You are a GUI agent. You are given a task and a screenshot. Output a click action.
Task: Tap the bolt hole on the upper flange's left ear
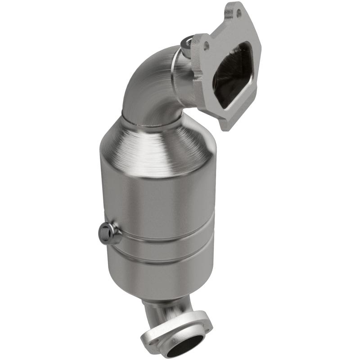[207, 46]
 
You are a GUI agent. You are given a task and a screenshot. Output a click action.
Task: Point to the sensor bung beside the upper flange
[187, 44]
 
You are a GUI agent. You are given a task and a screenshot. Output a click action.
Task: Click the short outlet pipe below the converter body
[166, 310]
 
